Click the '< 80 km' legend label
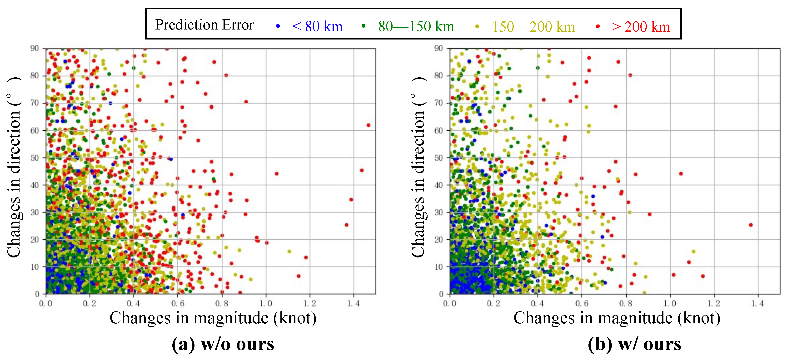click(x=317, y=26)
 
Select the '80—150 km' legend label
click(x=416, y=26)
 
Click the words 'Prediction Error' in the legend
click(x=204, y=25)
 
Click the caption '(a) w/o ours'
click(x=223, y=344)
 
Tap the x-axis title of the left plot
click(x=213, y=318)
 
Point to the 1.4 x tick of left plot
click(x=354, y=304)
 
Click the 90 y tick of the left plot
click(x=35, y=48)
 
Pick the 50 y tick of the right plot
click(x=438, y=158)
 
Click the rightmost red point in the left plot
click(x=369, y=125)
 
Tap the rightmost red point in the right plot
click(x=751, y=225)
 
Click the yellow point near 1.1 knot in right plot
click(x=693, y=252)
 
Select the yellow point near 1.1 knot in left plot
click(x=289, y=252)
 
